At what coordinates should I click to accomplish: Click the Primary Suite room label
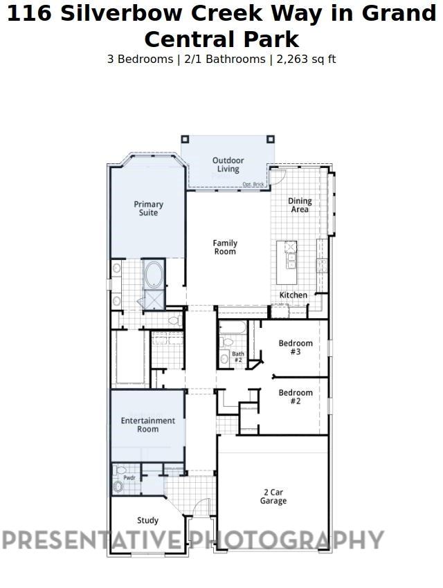(148, 208)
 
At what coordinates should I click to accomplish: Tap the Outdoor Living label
(228, 165)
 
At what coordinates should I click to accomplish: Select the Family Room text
(224, 247)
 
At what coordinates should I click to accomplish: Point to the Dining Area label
(300, 205)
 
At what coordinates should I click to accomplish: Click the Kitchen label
(293, 295)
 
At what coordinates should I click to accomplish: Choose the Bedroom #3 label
(296, 347)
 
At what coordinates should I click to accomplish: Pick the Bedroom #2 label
(296, 396)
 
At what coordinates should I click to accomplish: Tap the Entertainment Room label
(148, 425)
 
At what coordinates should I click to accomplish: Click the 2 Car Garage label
(273, 497)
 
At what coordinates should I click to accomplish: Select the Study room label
(147, 520)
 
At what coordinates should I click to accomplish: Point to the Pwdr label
(129, 477)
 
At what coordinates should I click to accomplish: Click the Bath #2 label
(237, 357)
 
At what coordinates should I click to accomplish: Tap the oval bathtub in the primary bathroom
(153, 275)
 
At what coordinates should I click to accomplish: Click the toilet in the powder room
(118, 487)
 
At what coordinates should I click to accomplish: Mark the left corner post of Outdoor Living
(185, 139)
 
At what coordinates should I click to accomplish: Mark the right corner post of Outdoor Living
(271, 139)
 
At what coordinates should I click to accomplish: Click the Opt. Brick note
(253, 184)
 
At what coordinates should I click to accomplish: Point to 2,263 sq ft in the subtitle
(306, 59)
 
